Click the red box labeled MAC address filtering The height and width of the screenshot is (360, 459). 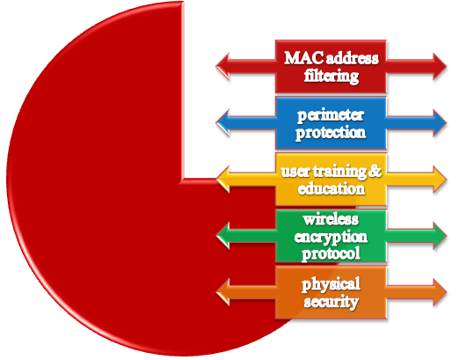click(x=331, y=67)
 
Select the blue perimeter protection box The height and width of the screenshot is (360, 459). click(x=331, y=123)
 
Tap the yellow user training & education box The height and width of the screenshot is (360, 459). click(x=331, y=180)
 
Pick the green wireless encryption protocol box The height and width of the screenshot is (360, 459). click(x=331, y=236)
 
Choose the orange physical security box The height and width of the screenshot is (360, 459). click(x=331, y=292)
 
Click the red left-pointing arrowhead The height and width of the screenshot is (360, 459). click(x=222, y=66)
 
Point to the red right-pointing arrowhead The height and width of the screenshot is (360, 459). click(x=440, y=66)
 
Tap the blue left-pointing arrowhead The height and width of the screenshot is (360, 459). click(x=222, y=123)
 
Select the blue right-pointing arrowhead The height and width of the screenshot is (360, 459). click(x=440, y=123)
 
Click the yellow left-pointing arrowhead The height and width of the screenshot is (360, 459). click(x=222, y=180)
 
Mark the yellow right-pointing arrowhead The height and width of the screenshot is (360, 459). click(x=440, y=180)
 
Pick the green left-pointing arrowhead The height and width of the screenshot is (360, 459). click(x=222, y=236)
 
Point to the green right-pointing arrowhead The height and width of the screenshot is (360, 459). click(x=440, y=236)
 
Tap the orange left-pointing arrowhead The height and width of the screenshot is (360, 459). click(x=222, y=292)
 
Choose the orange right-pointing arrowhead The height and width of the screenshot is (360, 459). click(x=440, y=292)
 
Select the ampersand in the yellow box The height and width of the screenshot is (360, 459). click(x=375, y=171)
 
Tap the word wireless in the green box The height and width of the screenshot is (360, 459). click(x=331, y=219)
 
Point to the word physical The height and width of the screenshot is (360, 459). click(x=331, y=284)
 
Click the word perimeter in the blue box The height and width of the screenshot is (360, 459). click(x=331, y=115)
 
